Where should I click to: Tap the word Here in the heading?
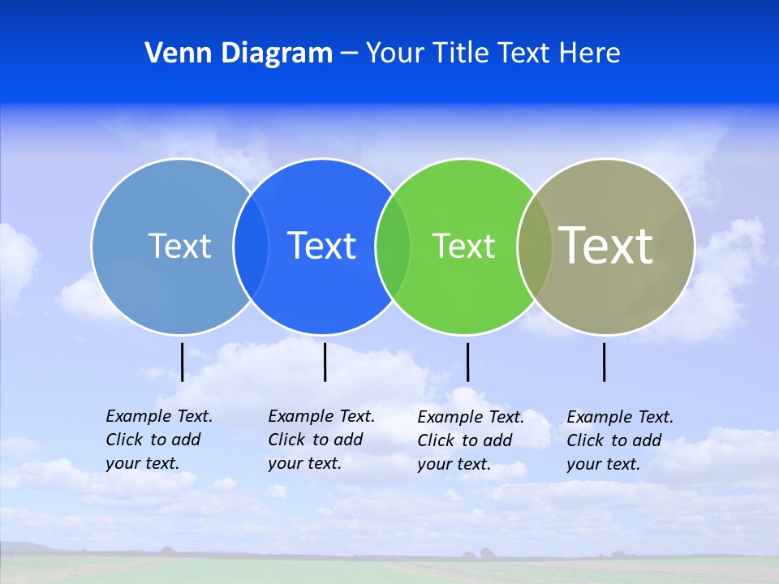click(x=590, y=53)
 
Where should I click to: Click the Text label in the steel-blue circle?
click(x=179, y=246)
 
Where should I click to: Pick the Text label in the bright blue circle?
click(x=322, y=246)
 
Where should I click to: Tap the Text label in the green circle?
click(x=463, y=247)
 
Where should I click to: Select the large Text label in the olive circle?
click(x=606, y=246)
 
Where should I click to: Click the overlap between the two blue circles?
click(x=251, y=247)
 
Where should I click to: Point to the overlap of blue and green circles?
click(x=393, y=247)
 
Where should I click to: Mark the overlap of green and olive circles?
click(x=535, y=247)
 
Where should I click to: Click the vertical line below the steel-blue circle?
click(x=183, y=362)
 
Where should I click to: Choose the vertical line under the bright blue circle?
click(x=325, y=362)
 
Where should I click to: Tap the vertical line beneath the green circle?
click(x=467, y=362)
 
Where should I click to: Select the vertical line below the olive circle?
click(x=605, y=362)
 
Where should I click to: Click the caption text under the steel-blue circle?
click(x=159, y=440)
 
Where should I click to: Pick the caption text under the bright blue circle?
click(x=321, y=440)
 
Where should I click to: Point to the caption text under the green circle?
click(x=471, y=440)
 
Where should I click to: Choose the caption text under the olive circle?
click(x=620, y=440)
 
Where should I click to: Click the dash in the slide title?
click(x=349, y=54)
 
